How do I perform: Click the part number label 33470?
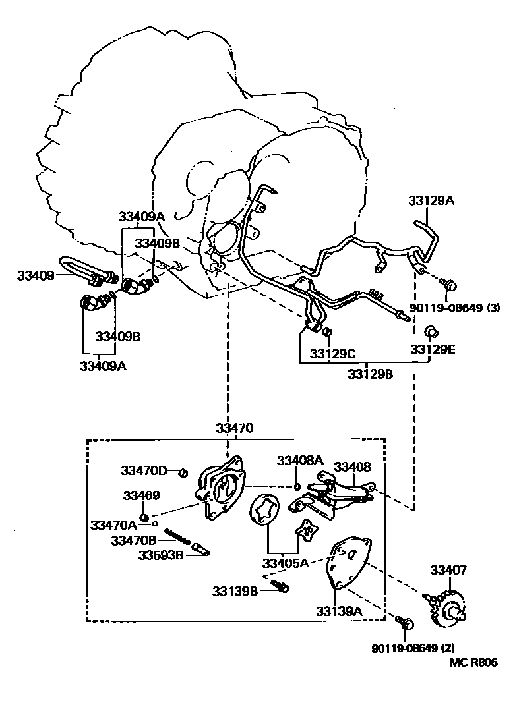(x=234, y=428)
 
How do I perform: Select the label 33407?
(x=449, y=570)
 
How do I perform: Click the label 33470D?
(x=143, y=470)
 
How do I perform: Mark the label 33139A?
(x=340, y=610)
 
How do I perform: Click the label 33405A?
(x=285, y=563)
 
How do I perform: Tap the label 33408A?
(x=300, y=459)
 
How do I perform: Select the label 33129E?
(x=433, y=350)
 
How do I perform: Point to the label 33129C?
(x=333, y=354)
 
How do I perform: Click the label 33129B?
(x=371, y=374)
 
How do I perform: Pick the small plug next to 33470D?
(x=185, y=471)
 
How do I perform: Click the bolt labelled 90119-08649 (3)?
(x=450, y=285)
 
